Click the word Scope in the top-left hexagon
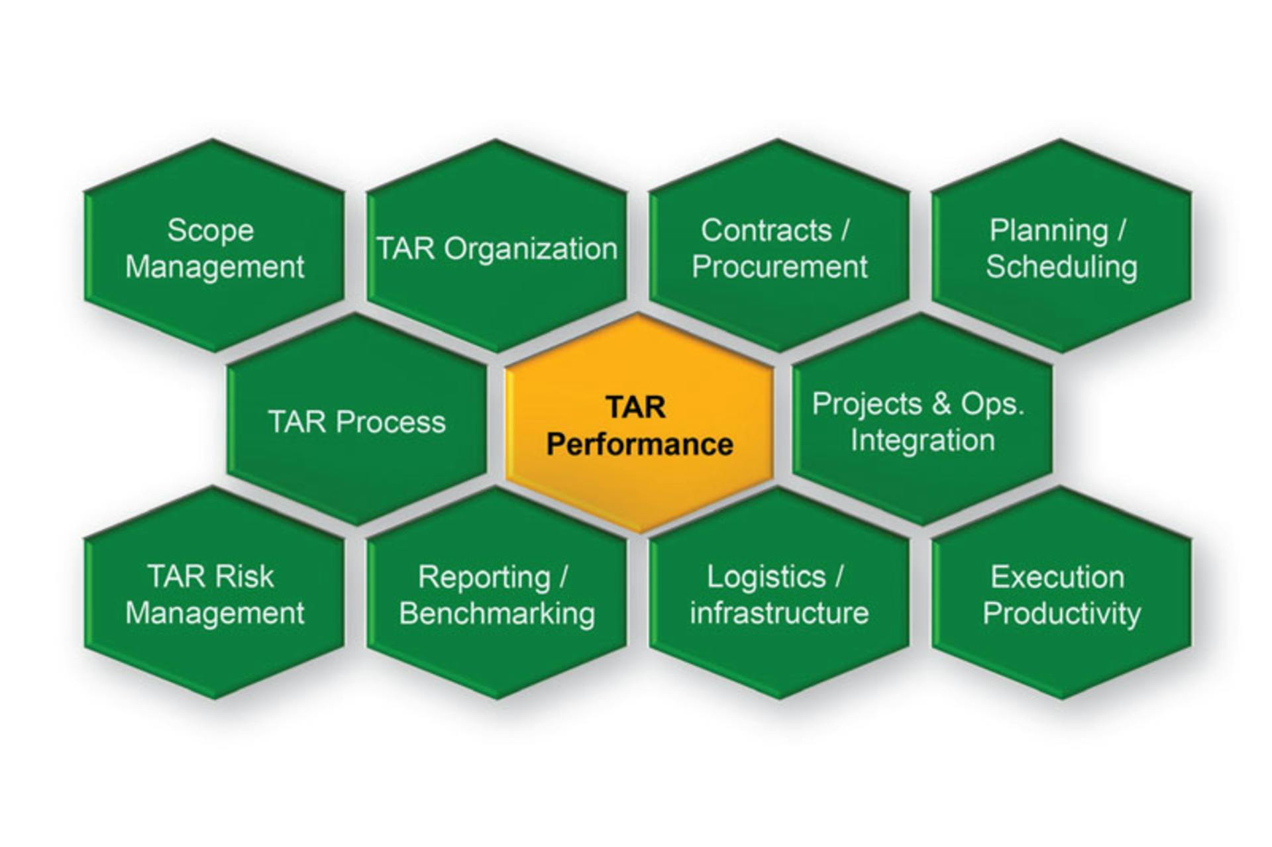point(210,230)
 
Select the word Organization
point(530,249)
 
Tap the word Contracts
point(766,230)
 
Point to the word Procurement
point(779,267)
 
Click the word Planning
point(1048,231)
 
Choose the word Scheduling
point(1061,267)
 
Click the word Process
point(390,422)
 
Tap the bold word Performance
point(639,444)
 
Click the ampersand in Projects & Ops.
point(941,404)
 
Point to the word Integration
point(922,440)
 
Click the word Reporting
point(484,577)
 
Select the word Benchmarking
point(497,613)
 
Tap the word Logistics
point(766,577)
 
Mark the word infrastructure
point(779,613)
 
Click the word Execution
point(1057,577)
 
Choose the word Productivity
point(1061,613)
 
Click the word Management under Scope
point(215,267)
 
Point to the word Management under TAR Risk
point(215,613)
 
